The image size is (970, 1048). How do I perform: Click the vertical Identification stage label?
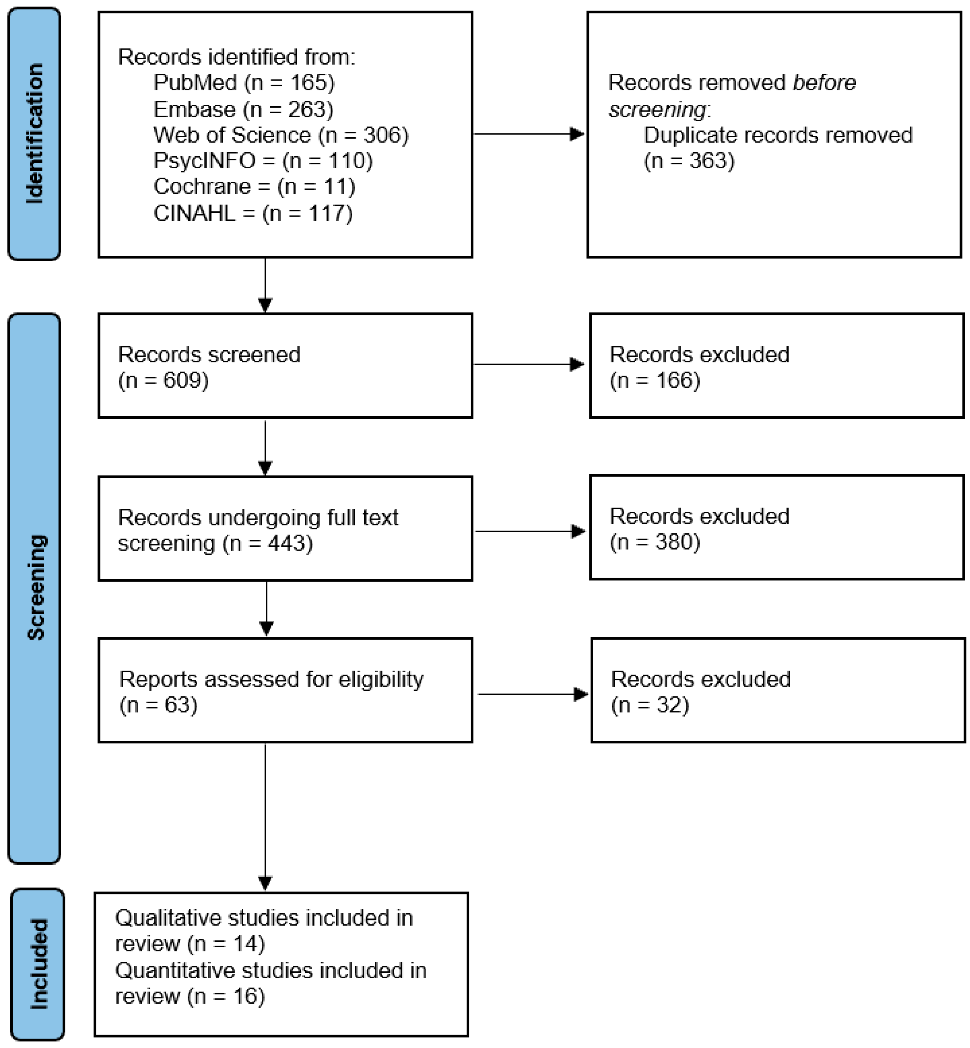coord(35,134)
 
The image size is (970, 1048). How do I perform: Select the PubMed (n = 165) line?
coord(244,83)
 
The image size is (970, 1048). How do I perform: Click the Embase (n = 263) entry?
coord(243,109)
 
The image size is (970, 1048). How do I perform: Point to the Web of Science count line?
coord(281,135)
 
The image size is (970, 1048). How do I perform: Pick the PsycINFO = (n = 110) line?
coord(263,160)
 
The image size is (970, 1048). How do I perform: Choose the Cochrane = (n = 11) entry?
coord(254,186)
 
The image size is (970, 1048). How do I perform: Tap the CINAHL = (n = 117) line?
coord(253,213)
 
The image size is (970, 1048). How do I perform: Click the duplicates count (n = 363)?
coord(689,160)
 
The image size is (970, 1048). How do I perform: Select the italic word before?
coord(824,83)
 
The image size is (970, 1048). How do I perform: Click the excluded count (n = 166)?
coord(655,380)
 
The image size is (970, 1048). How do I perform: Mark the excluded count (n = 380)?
coord(655,541)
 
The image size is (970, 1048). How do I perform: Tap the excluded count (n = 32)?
coord(649,705)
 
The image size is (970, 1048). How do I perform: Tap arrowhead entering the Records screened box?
coord(265,304)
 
